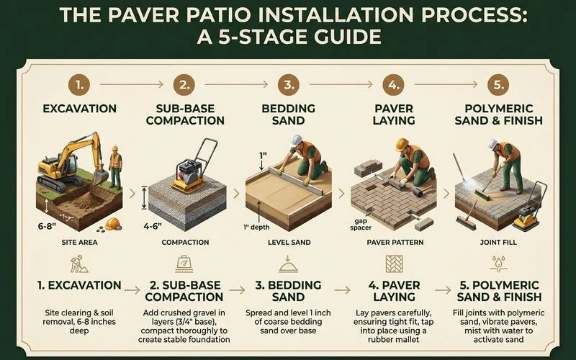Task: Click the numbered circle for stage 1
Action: pos(81,85)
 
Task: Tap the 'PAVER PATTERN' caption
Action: pos(395,242)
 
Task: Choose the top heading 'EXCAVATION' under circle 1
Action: pos(79,109)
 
